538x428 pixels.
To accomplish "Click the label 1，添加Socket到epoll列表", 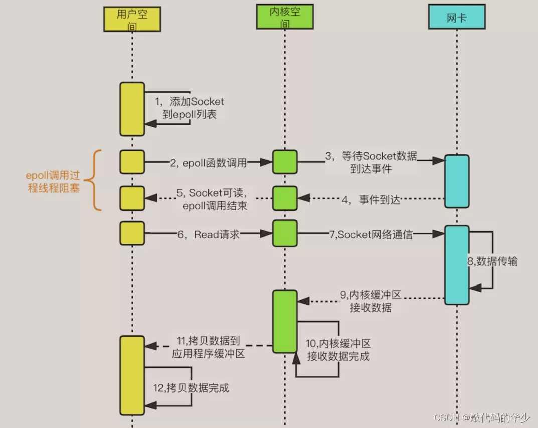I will [x=189, y=108].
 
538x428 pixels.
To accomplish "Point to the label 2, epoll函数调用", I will [x=208, y=162].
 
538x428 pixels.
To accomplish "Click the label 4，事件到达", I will [x=372, y=200].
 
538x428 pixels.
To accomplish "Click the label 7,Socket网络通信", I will [x=371, y=234].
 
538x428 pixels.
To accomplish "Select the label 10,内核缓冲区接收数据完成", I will [x=337, y=350].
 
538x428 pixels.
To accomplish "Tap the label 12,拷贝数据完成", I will [x=192, y=388].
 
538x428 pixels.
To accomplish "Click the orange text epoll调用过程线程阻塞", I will [x=53, y=182].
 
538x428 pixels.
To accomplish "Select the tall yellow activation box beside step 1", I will [x=132, y=109].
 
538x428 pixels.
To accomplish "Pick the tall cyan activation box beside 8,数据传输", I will [x=456, y=265].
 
